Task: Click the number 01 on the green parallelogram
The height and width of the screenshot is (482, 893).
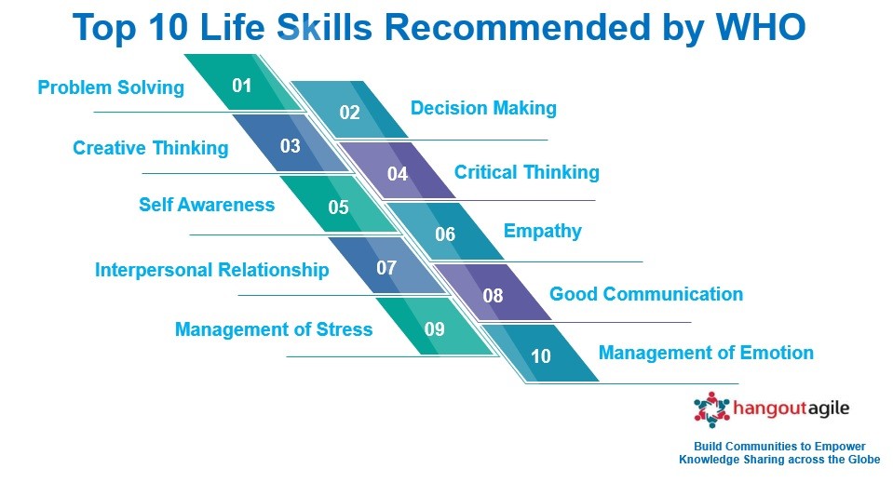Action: tap(242, 86)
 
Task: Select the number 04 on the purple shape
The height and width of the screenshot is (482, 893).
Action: tap(398, 174)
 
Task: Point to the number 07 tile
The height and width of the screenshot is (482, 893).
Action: tap(386, 266)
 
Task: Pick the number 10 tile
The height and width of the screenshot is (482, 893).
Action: tap(540, 354)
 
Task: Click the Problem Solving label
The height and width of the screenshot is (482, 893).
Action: tap(111, 87)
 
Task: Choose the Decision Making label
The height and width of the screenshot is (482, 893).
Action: tap(483, 108)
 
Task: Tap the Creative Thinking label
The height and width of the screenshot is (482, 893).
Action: tap(150, 148)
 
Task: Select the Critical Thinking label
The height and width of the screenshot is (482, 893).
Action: tap(527, 172)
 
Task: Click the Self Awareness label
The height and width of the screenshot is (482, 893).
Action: tap(207, 205)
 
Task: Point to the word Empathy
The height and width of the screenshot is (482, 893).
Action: tap(543, 231)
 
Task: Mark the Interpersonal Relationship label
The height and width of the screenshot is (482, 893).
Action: tap(212, 270)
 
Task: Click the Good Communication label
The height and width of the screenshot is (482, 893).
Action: tap(646, 294)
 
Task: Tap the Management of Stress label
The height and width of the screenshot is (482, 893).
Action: tap(274, 329)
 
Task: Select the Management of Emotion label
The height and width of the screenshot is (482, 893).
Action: tap(706, 353)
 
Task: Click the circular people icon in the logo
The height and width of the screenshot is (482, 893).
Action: tap(711, 409)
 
